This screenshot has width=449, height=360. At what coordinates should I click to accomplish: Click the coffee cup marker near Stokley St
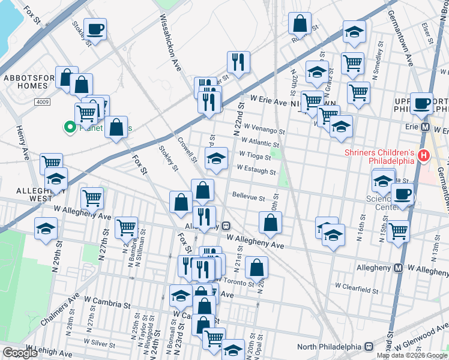point(95,28)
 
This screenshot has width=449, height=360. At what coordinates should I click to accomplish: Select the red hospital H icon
point(424,157)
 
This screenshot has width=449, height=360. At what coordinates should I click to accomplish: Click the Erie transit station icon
point(426,128)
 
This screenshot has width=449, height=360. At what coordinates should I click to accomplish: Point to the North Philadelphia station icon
point(369,347)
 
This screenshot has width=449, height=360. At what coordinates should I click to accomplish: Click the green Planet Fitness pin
point(70,127)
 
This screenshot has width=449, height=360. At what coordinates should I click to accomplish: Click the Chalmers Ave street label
point(60,312)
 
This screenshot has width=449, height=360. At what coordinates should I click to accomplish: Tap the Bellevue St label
point(249,197)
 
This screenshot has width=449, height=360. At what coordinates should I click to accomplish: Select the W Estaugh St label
point(256,172)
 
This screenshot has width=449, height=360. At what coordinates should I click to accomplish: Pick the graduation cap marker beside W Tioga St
point(217,158)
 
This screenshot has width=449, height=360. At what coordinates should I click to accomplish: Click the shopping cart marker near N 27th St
point(92,197)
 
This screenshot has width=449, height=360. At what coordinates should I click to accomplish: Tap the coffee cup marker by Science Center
point(402,194)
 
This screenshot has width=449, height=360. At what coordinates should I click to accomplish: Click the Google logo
point(20,353)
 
